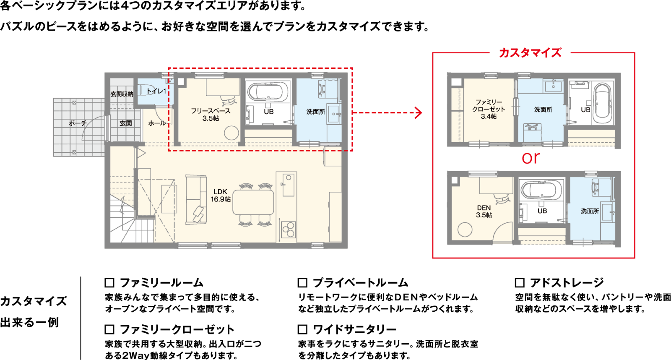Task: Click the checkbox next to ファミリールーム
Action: [109, 283]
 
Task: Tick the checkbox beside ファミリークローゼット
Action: [109, 329]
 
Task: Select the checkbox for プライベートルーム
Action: [302, 283]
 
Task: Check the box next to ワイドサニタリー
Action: [302, 329]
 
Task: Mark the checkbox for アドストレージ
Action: [520, 283]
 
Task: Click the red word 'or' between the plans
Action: [531, 158]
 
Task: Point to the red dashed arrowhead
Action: [419, 113]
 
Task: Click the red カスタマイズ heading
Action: [530, 53]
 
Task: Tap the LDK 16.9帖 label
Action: [221, 196]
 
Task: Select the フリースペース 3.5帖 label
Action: [211, 115]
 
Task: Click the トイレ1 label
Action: [156, 91]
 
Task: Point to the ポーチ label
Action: [78, 123]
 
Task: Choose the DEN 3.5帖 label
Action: [484, 211]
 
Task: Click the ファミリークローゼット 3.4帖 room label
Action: [489, 109]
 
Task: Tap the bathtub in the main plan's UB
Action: [268, 91]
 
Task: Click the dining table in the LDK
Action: [253, 202]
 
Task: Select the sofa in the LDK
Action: [196, 200]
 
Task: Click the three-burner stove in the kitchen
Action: [288, 230]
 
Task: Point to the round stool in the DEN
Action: [465, 230]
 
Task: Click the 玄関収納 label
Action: [122, 94]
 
